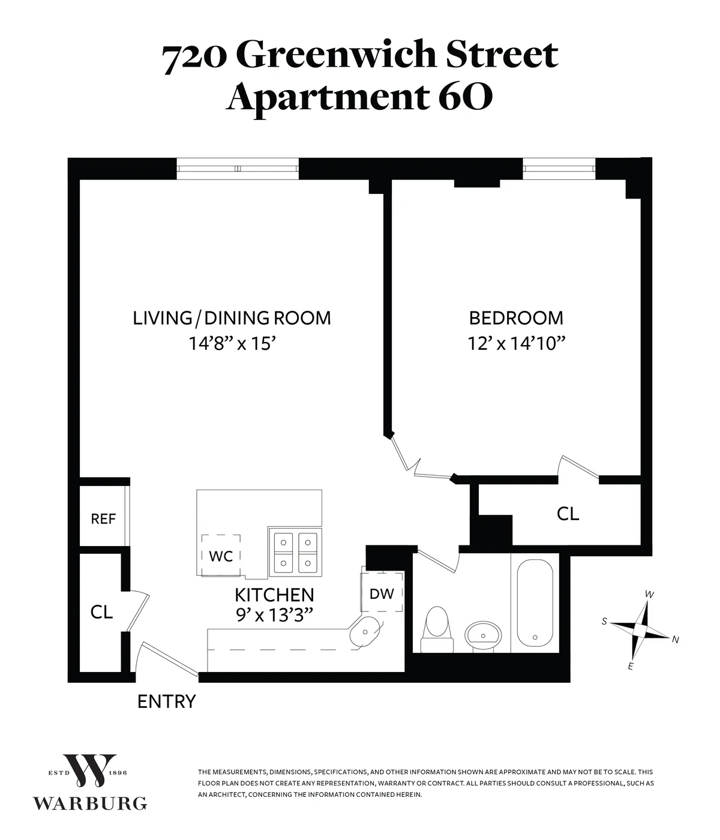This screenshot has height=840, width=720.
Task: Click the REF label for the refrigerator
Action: [103, 519]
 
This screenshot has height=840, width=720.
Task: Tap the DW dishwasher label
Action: [382, 594]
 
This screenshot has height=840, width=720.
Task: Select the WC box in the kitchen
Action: [221, 556]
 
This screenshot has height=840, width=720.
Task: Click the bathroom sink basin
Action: [484, 633]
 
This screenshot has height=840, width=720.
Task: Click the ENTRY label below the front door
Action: [166, 701]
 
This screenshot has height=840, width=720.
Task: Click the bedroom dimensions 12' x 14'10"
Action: [517, 344]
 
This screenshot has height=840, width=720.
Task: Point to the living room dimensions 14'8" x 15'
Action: [232, 344]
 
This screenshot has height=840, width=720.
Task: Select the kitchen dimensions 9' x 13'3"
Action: [274, 614]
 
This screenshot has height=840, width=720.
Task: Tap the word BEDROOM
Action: [516, 317]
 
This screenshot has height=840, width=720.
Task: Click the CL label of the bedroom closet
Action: [568, 514]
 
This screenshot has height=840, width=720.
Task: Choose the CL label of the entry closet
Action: [101, 612]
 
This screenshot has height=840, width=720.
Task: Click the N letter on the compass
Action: [675, 640]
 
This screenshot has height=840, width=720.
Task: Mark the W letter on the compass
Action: [649, 594]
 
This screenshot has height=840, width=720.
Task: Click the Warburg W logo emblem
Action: [90, 770]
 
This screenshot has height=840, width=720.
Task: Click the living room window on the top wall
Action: [238, 169]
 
